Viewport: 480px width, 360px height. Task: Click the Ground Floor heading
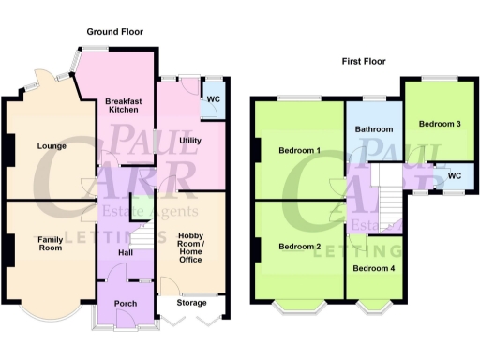(x=114, y=31)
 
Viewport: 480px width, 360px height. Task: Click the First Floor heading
(x=364, y=61)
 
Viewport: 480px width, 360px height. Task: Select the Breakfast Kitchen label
(x=124, y=106)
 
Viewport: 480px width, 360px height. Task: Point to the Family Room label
(x=50, y=245)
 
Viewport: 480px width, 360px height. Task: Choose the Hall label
(x=126, y=253)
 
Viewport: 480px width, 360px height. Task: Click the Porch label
(x=126, y=304)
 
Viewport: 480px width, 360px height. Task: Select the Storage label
(x=191, y=303)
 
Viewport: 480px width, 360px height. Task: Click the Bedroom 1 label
(x=299, y=150)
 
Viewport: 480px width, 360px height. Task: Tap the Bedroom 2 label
(x=299, y=247)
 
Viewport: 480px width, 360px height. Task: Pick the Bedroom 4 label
(x=373, y=269)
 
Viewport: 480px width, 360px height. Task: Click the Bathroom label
(x=373, y=129)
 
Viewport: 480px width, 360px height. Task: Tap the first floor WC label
(x=455, y=175)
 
